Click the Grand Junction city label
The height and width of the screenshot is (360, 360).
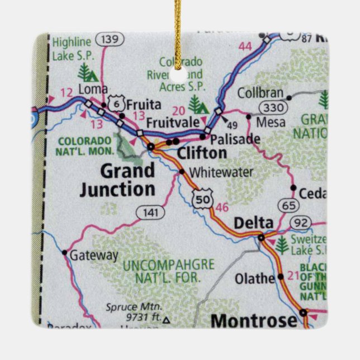117,179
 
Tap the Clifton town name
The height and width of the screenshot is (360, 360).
202,153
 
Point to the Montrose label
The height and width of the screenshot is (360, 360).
254,320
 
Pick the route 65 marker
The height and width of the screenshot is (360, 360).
289,205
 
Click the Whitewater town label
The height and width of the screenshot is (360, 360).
221,172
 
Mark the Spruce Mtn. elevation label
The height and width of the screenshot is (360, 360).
134,312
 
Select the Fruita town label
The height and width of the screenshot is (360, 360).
144,105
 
